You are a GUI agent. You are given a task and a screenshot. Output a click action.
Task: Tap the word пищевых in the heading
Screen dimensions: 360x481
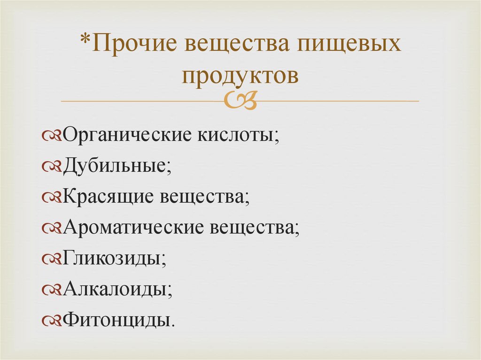pyautogui.click(x=349, y=45)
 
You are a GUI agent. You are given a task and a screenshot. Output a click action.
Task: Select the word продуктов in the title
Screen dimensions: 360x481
pyautogui.click(x=240, y=75)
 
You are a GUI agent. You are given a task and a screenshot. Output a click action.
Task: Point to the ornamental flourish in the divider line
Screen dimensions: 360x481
pyautogui.click(x=240, y=100)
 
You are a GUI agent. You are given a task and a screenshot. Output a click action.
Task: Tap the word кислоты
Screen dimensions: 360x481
pyautogui.click(x=237, y=136)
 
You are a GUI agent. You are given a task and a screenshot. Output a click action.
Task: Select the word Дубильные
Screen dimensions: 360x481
pyautogui.click(x=115, y=167)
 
